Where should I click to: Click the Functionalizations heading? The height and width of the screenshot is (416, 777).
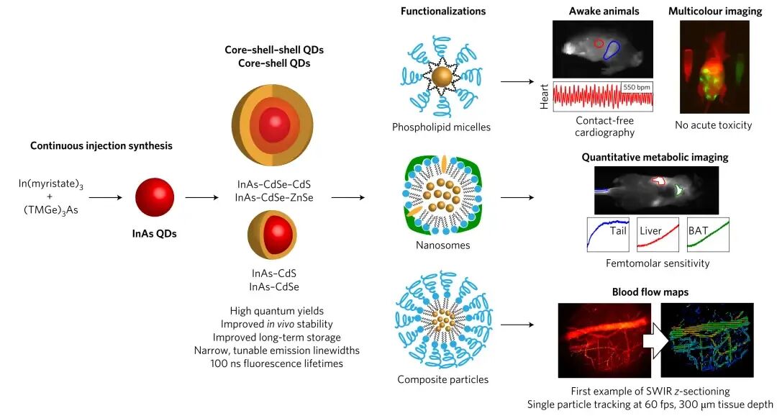[x=442, y=11]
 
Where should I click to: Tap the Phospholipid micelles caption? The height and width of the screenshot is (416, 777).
[x=442, y=127]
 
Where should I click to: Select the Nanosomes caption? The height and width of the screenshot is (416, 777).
[x=442, y=245]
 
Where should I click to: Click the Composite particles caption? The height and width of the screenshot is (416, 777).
[x=442, y=379]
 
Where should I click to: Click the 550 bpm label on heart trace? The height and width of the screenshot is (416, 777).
[x=636, y=86]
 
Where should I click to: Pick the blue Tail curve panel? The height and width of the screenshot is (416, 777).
[x=609, y=234]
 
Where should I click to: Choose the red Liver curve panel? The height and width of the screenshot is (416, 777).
[x=658, y=234]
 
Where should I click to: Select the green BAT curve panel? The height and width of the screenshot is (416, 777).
[x=708, y=234]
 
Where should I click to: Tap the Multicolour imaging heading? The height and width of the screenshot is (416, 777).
[x=714, y=11]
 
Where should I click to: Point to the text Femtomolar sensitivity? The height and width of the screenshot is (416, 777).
[x=658, y=263]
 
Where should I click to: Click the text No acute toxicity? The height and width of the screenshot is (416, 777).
[x=714, y=125]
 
